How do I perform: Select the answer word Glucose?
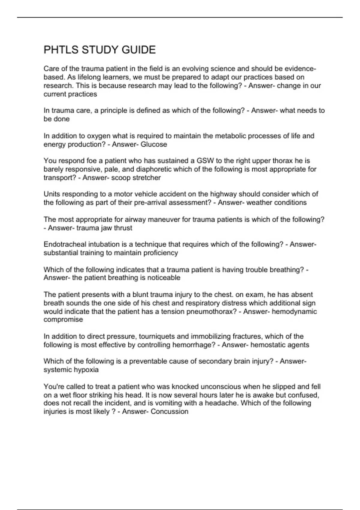tap(154, 144)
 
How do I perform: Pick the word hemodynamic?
tap(294, 311)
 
